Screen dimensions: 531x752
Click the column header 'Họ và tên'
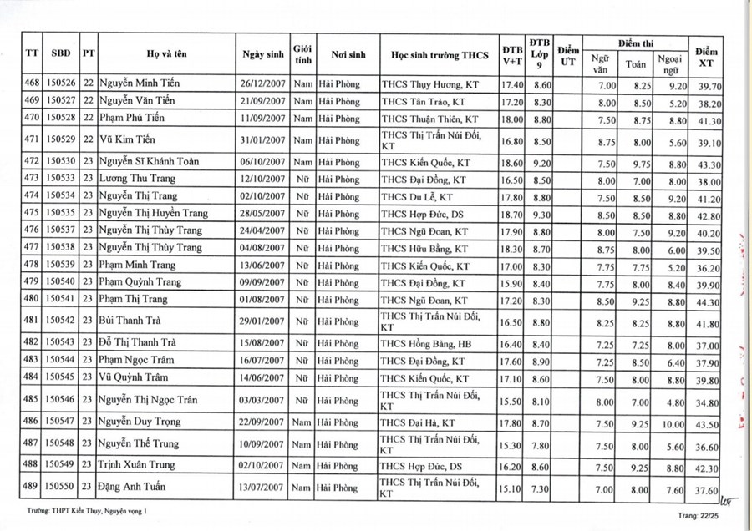pos(165,55)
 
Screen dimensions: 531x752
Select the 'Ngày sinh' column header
pos(263,55)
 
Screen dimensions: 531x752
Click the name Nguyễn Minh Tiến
pos(140,84)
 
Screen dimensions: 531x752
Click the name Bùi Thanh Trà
pos(130,321)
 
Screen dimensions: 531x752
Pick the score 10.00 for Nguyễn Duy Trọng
pos(673,423)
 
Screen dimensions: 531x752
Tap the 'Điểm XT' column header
pos(707,55)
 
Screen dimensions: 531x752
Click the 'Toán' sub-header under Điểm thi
pos(636,63)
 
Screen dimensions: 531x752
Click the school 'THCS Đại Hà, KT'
pos(419,423)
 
